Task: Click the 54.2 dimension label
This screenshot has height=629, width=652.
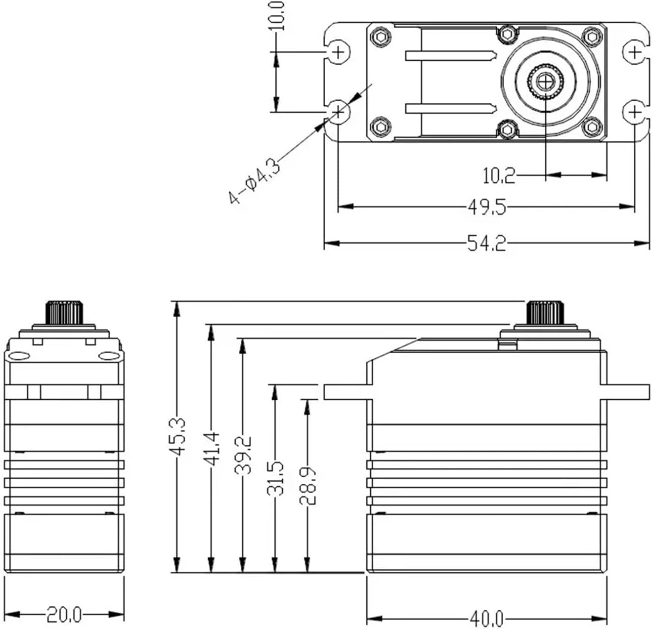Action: point(486,243)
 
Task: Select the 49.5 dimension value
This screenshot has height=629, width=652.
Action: point(487,207)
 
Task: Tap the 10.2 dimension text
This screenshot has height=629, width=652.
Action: point(498,175)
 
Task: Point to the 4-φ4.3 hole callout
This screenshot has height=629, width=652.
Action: point(254,181)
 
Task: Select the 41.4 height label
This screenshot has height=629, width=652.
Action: point(212,449)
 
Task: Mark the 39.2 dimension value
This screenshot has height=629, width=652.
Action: point(243,455)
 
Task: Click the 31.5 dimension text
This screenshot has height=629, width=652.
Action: point(276,478)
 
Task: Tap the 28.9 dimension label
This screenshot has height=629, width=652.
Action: point(307,486)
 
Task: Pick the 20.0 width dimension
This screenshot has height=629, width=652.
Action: point(64,615)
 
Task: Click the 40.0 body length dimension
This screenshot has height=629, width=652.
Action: point(486,619)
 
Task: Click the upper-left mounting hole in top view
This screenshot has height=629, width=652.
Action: point(338,51)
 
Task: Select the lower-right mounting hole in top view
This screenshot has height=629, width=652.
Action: point(635,113)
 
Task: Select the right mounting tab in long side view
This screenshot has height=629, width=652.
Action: point(625,391)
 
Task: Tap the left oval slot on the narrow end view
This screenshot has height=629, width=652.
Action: point(20,356)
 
